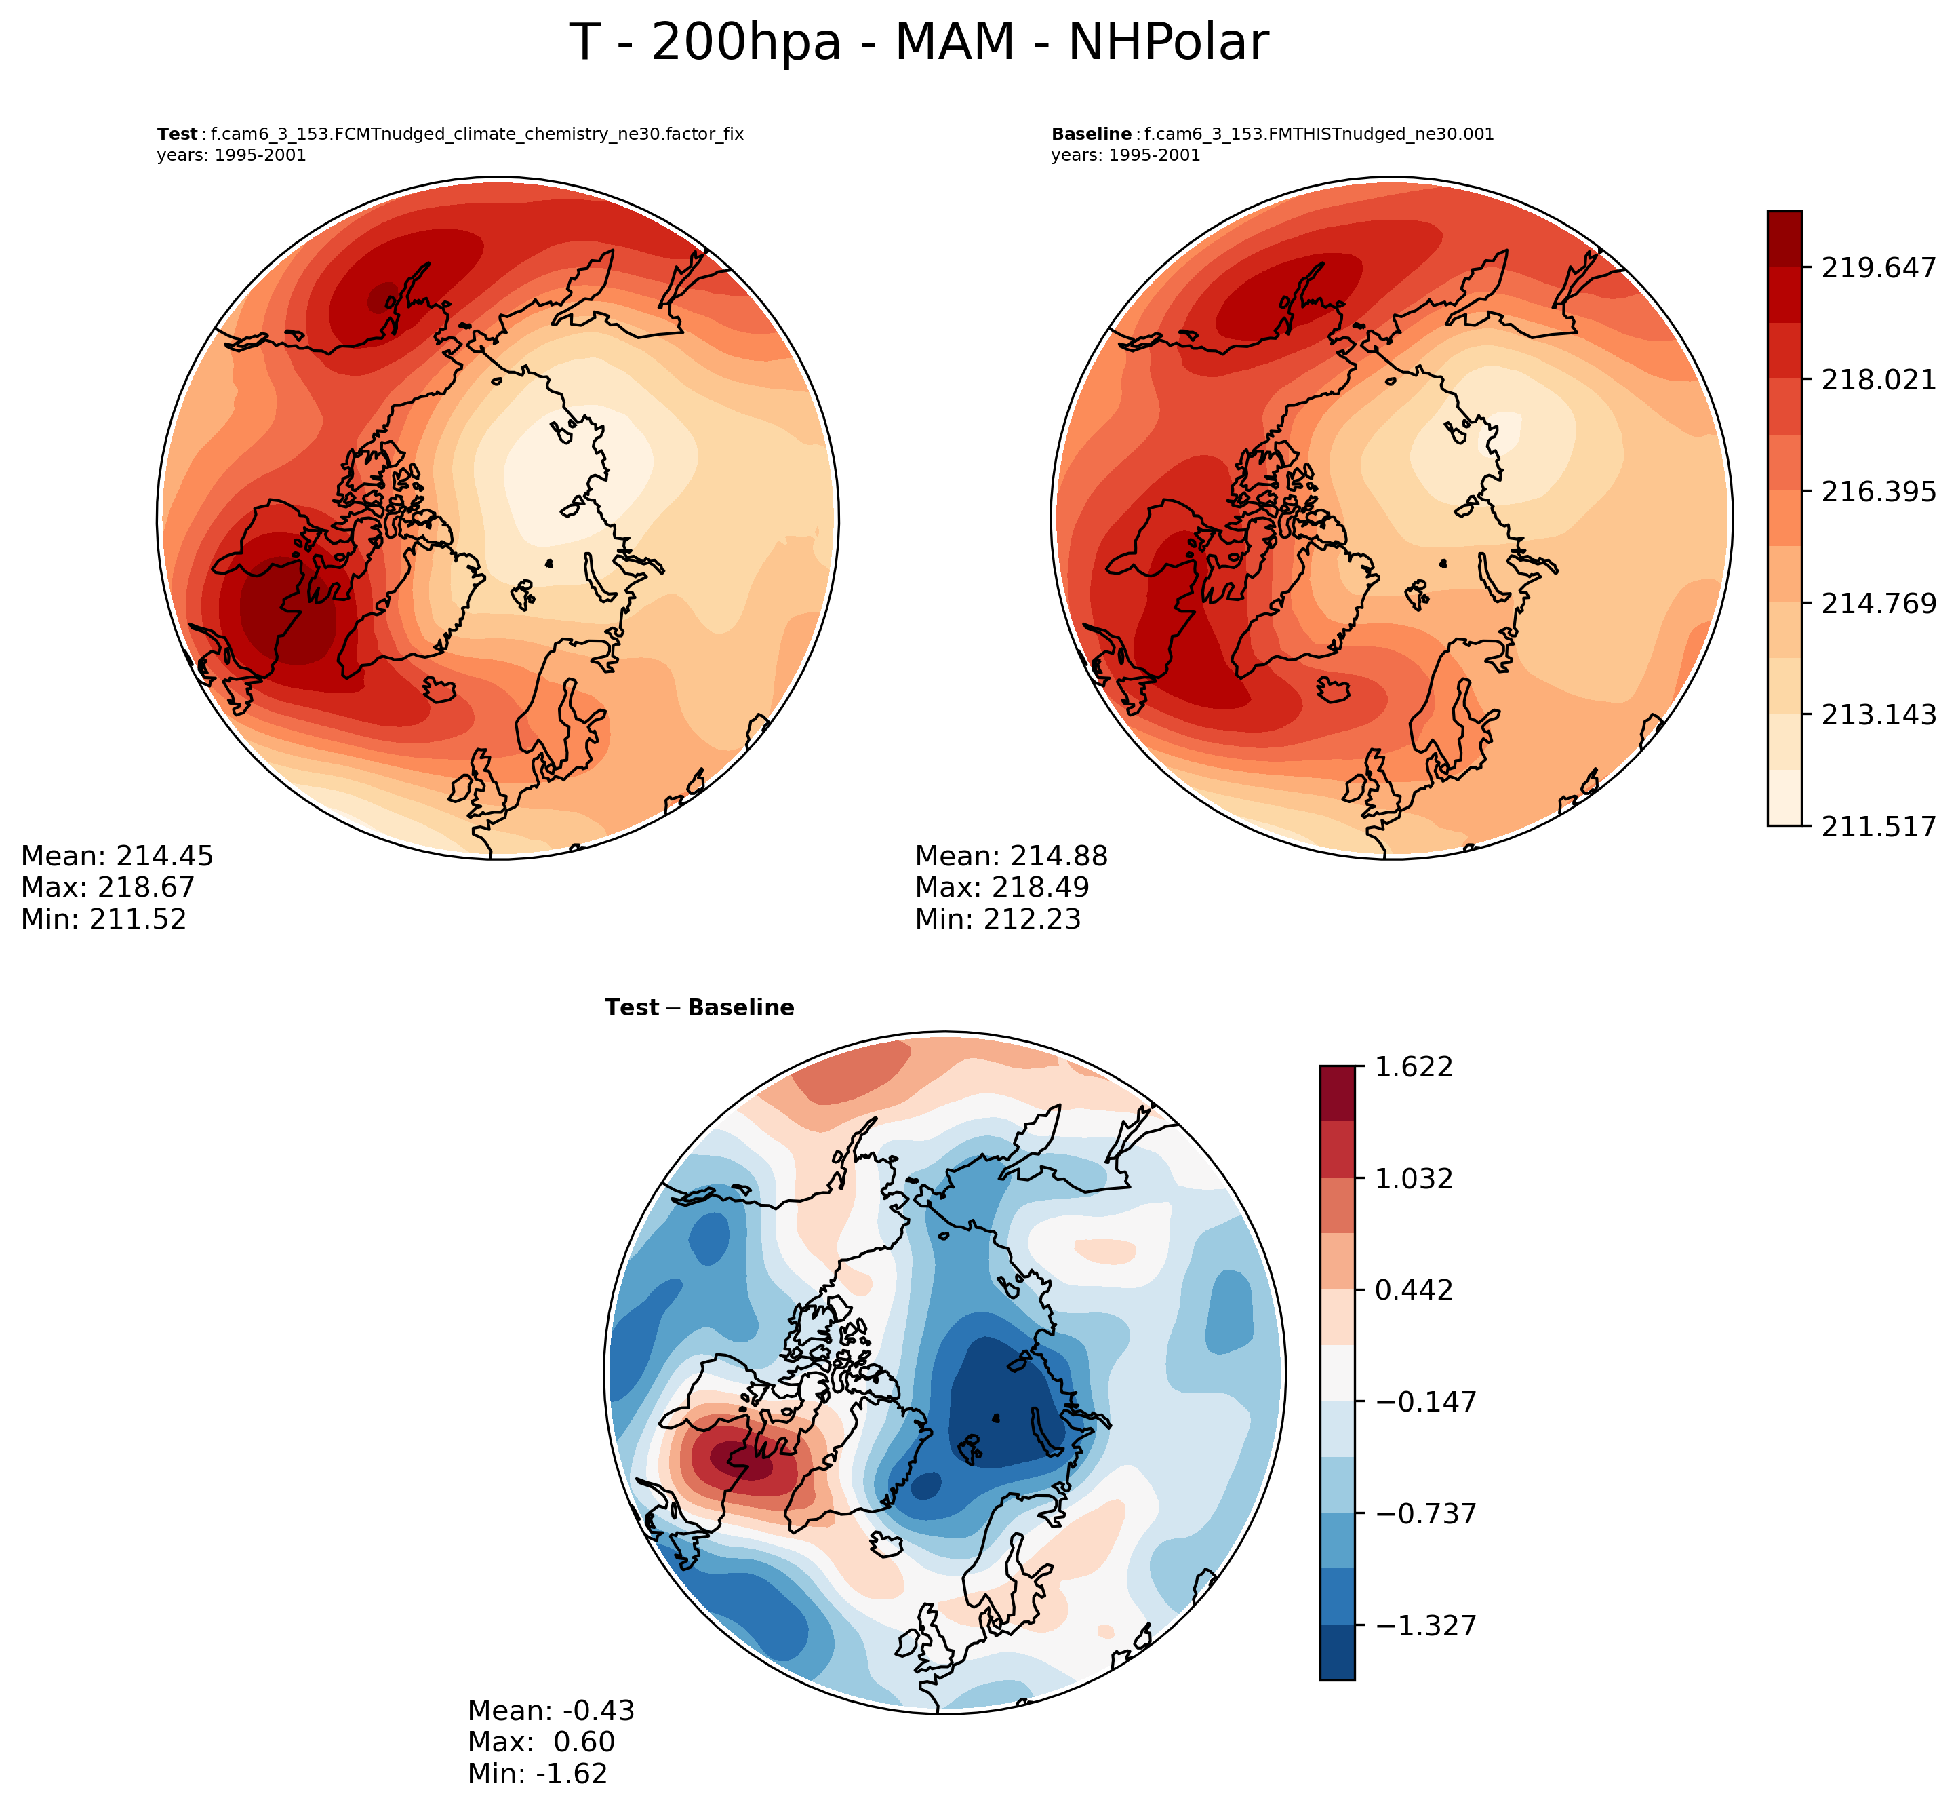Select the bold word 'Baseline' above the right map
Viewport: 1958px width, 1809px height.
point(1091,135)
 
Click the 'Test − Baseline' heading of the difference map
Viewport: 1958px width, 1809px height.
point(700,1008)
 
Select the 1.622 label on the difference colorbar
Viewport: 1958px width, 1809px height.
point(1415,1066)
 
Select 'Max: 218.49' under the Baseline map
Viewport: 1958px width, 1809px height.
point(1002,887)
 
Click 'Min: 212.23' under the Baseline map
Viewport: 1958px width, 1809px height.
point(998,918)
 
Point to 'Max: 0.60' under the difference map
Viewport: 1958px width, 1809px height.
point(541,1741)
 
